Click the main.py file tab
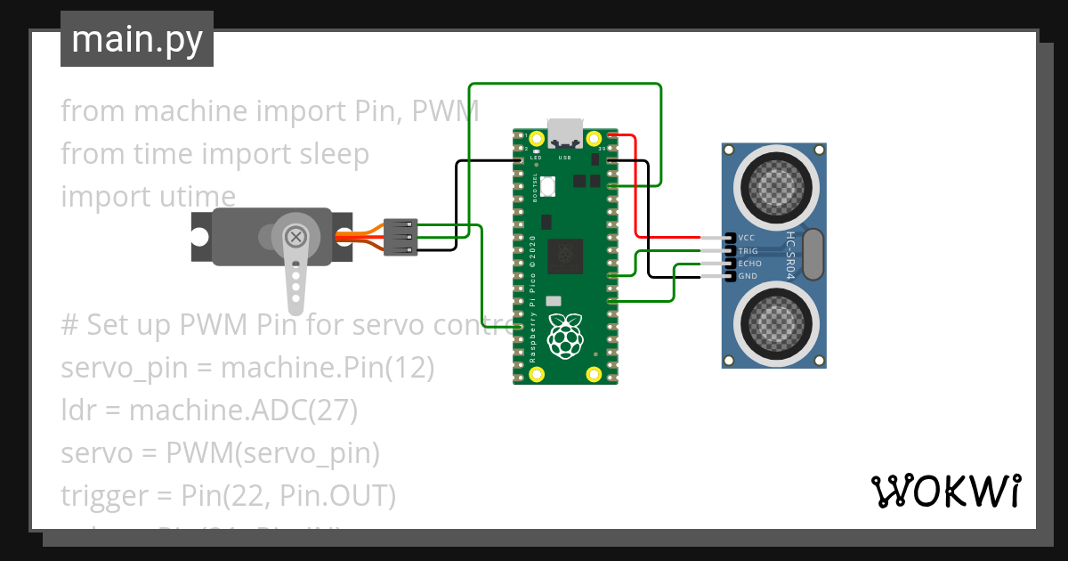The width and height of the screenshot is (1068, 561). tap(136, 39)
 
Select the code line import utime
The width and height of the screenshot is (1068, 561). tap(148, 196)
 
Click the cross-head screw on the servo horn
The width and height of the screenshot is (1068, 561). tap(295, 236)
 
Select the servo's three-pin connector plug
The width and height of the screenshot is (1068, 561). tap(400, 237)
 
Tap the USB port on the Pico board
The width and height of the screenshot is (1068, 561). tap(565, 133)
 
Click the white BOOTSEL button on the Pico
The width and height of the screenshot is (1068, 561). tap(547, 186)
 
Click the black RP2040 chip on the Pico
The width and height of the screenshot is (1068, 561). tap(564, 256)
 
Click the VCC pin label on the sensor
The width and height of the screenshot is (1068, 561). tap(747, 239)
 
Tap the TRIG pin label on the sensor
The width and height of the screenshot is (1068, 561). tap(748, 251)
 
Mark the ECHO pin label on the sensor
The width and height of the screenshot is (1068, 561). tap(748, 264)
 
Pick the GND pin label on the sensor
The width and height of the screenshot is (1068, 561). tap(747, 276)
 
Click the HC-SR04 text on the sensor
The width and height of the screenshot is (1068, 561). tap(790, 256)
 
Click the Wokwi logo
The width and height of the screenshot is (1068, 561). tap(945, 491)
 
